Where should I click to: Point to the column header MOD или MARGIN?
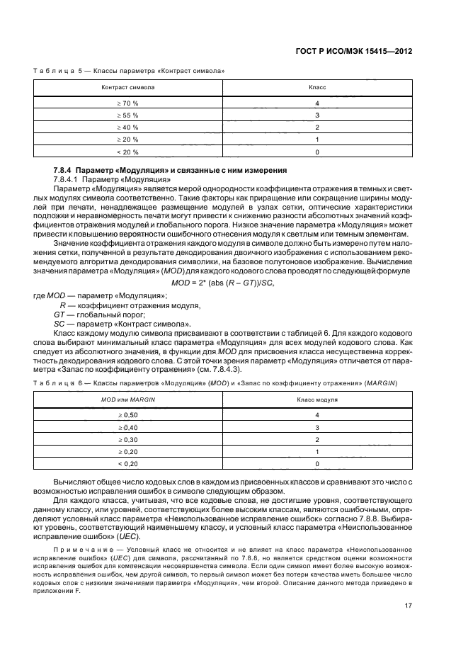[x=129, y=399]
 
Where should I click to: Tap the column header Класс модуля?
[x=317, y=399]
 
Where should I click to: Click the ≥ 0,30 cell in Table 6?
[x=129, y=439]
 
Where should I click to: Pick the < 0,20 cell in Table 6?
[x=129, y=463]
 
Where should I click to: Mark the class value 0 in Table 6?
[x=317, y=463]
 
